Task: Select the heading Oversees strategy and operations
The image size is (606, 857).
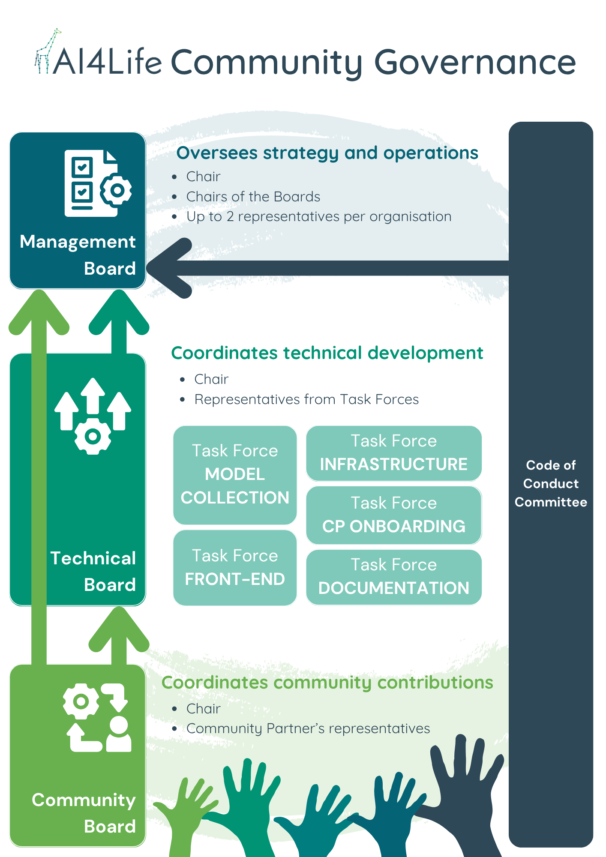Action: click(327, 153)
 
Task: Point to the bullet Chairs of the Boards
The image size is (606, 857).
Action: click(253, 197)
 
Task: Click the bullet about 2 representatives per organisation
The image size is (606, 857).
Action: click(318, 217)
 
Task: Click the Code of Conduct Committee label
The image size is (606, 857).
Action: click(551, 484)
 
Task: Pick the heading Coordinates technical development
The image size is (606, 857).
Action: click(327, 353)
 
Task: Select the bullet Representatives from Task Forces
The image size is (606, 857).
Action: click(306, 399)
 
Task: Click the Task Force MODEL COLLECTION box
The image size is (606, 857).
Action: click(235, 475)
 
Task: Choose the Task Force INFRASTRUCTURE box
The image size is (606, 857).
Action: click(394, 453)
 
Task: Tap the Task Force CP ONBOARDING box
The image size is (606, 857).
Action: click(394, 515)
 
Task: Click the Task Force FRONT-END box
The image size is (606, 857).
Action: click(235, 568)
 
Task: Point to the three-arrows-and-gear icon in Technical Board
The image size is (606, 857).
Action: click(93, 416)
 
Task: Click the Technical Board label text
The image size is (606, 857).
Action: click(93, 571)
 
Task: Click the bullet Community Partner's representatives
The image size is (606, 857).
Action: click(308, 728)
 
